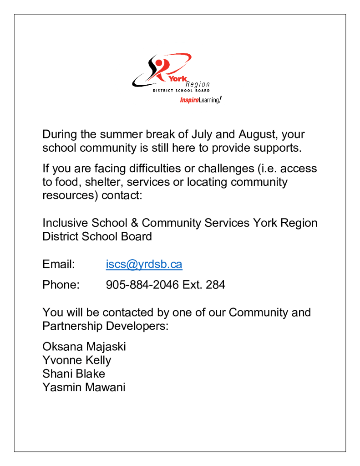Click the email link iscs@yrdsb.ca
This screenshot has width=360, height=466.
coord(144,264)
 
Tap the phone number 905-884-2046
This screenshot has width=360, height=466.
coord(142,285)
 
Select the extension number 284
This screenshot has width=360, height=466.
coord(215,285)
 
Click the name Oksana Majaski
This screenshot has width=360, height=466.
coord(84,347)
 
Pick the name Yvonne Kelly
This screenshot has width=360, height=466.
coord(76,360)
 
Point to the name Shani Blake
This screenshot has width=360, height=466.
coord(74,374)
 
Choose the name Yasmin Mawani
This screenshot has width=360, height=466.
coord(84,388)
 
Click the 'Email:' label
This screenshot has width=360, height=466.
coord(58,264)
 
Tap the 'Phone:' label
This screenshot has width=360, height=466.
coord(61,285)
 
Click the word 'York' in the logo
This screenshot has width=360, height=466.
coord(177,80)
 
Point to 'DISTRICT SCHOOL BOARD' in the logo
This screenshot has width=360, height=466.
coord(181,91)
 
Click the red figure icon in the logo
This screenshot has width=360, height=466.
coord(159,67)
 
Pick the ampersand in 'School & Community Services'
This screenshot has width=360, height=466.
coord(134,223)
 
